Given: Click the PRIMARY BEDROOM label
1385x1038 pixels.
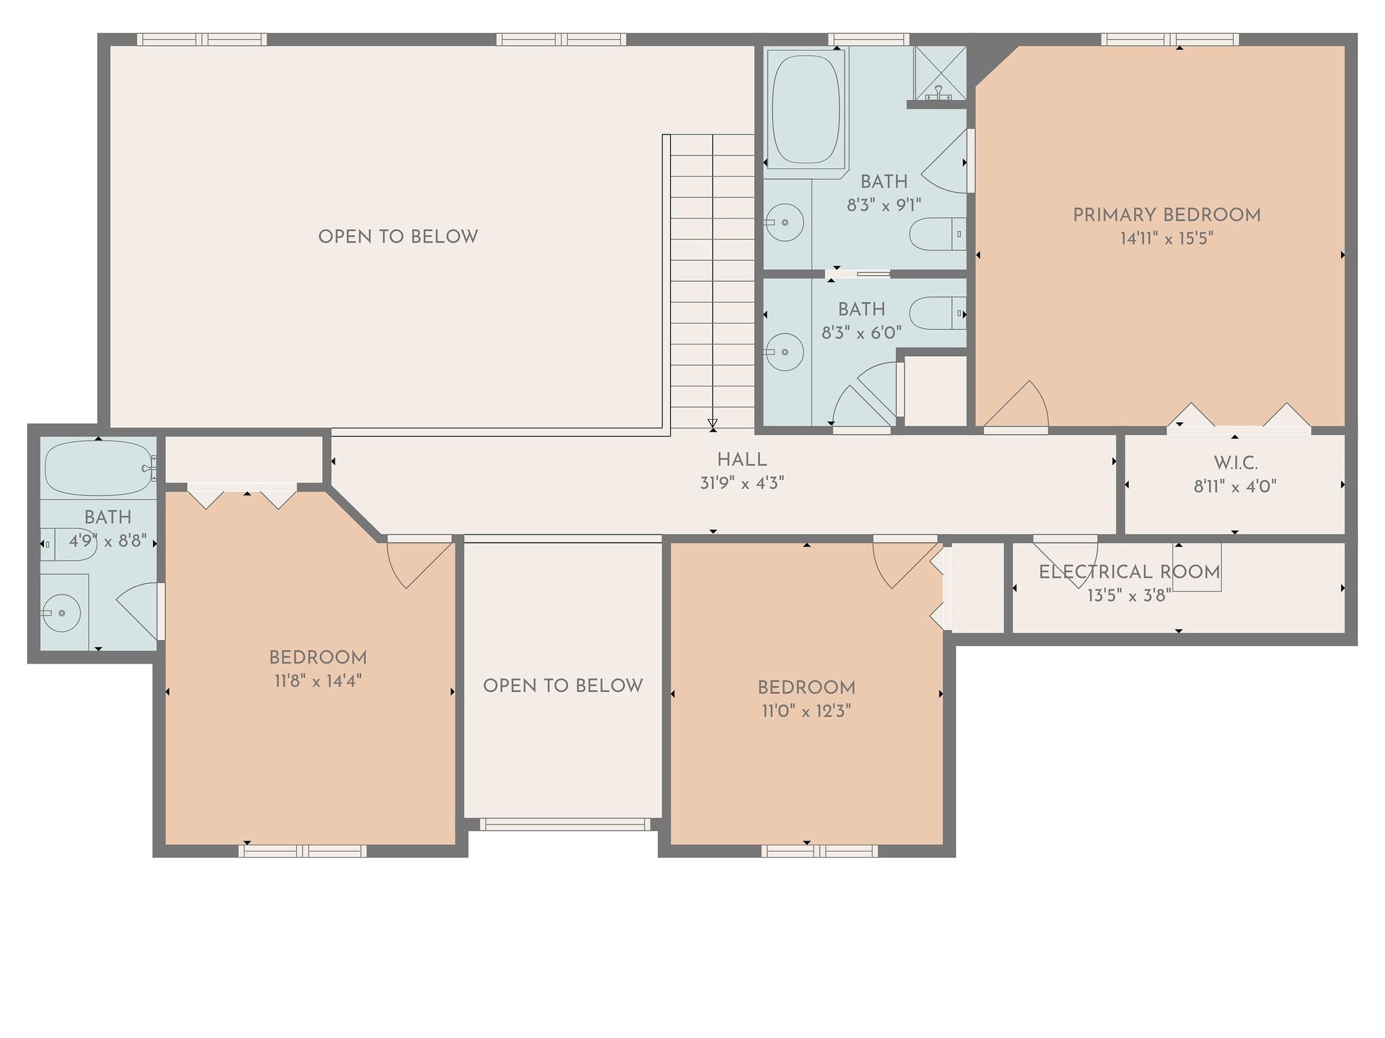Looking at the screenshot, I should (x=1167, y=216).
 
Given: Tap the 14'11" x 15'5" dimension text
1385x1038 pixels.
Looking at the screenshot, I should (x=1167, y=239).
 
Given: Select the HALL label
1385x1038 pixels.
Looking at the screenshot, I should (x=742, y=460).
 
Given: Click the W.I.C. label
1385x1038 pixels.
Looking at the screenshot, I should (x=1235, y=464).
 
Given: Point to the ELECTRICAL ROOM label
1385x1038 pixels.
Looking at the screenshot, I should (x=1129, y=572).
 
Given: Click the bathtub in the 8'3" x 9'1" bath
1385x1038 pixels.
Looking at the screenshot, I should (x=805, y=109).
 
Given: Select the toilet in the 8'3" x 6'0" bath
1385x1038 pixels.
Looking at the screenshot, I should (x=936, y=314).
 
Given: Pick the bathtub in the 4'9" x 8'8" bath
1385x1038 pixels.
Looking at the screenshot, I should (x=98, y=468).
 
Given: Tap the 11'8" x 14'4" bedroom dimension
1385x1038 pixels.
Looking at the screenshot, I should (x=318, y=681).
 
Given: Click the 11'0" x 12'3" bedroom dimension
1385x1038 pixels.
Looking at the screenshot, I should (x=806, y=711).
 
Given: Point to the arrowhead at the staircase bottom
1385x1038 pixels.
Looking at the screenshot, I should (x=713, y=424).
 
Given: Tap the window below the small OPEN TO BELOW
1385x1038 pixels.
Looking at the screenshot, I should (x=565, y=824).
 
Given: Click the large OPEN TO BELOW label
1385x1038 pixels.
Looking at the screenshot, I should (x=398, y=237).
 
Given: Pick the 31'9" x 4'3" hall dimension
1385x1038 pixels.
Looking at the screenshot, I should (x=742, y=483).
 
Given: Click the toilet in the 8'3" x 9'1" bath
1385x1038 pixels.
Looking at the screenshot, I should (x=936, y=234).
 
